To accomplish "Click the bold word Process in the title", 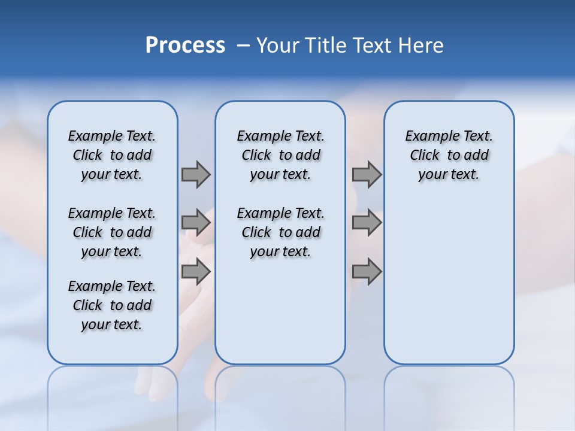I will [185, 45].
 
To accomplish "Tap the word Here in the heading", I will [421, 45].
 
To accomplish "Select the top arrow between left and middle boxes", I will [196, 174].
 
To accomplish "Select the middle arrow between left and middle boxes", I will [196, 223].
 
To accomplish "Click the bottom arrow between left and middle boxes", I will [196, 272].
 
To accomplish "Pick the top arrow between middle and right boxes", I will [367, 174].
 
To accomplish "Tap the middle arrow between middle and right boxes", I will [367, 223].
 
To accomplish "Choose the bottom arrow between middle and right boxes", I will [367, 272].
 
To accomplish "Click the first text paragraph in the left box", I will [112, 155].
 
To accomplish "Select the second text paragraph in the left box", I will [112, 232].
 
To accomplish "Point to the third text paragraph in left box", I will [112, 305].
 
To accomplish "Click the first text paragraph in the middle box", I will [280, 155].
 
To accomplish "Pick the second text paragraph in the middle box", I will [280, 232].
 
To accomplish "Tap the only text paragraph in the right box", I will [449, 155].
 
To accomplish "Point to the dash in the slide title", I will [243, 45].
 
